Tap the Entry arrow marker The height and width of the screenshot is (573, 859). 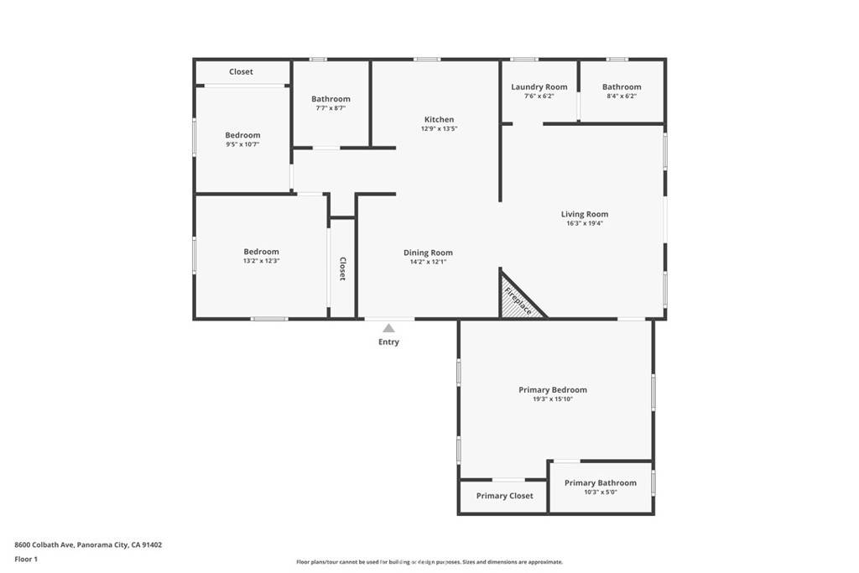click(388, 328)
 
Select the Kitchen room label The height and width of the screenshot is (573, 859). click(439, 119)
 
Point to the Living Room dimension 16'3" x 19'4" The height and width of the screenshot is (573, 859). click(585, 223)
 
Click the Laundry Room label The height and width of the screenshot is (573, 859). click(539, 86)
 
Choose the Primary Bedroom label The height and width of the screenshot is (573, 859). click(552, 389)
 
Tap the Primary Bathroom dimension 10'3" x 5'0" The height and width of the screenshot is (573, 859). click(600, 492)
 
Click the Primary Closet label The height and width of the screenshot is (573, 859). click(504, 496)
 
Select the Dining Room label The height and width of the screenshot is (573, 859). click(428, 253)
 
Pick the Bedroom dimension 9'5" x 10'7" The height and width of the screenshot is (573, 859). click(242, 144)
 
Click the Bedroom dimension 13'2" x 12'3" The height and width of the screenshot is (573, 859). click(261, 261)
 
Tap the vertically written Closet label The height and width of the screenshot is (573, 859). click(342, 268)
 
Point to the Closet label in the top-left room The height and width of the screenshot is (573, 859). click(241, 72)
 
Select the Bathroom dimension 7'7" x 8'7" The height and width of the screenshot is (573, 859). click(331, 108)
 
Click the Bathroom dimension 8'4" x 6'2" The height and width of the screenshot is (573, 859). click(621, 96)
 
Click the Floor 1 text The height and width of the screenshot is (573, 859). click(26, 559)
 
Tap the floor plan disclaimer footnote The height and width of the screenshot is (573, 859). click(429, 562)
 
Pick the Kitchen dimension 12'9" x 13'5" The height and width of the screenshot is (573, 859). click(439, 129)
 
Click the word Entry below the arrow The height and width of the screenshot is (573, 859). click(388, 342)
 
